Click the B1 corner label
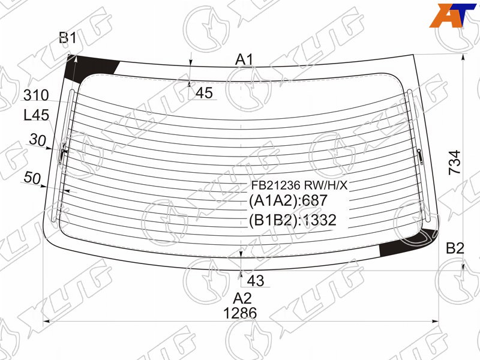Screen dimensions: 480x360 (68, 38)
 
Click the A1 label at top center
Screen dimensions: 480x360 (244, 59)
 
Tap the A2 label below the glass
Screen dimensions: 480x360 (242, 298)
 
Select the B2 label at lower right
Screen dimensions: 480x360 (455, 248)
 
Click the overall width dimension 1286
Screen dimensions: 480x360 (240, 313)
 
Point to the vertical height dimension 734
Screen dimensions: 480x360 (455, 163)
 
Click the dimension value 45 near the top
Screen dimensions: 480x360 (204, 93)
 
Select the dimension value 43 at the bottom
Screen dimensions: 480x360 (256, 280)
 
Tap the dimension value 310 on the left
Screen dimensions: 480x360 (36, 95)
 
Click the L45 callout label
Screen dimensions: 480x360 (37, 115)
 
